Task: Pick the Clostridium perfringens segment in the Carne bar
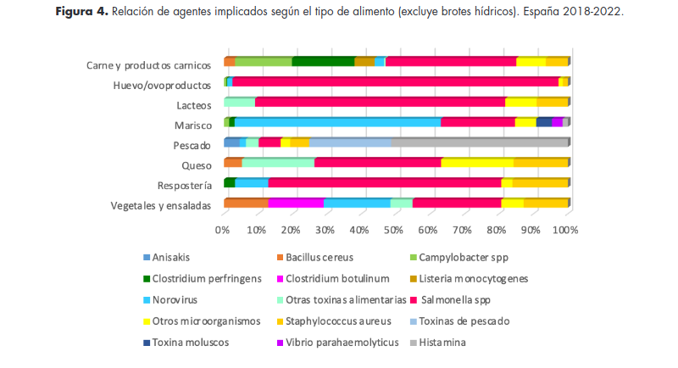point(323,61)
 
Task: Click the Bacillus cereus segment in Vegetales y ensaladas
point(246,203)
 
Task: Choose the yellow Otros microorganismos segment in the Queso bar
point(477,162)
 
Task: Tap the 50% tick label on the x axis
point(395,229)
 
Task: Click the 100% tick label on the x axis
point(565,229)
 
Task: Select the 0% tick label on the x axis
point(224,229)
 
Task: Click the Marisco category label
point(194,125)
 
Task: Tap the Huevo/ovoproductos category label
point(162,86)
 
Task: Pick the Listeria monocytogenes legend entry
point(486,278)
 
